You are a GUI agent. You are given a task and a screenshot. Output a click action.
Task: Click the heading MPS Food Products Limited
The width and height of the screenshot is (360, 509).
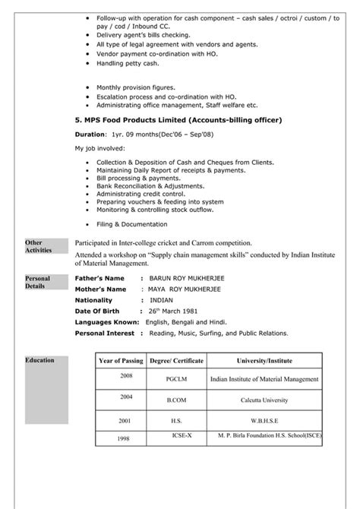pos(178,120)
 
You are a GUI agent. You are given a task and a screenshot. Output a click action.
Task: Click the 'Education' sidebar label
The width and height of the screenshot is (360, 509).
pos(39,359)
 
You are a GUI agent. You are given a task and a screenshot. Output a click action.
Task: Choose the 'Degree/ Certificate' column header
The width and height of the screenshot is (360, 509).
pos(171,359)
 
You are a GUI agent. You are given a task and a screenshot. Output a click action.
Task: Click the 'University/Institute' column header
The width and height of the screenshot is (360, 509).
pos(264,359)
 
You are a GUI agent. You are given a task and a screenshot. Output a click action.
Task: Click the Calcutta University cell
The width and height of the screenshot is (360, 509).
pos(264,400)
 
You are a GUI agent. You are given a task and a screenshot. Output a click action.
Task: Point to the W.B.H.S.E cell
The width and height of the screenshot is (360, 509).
pos(264,420)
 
